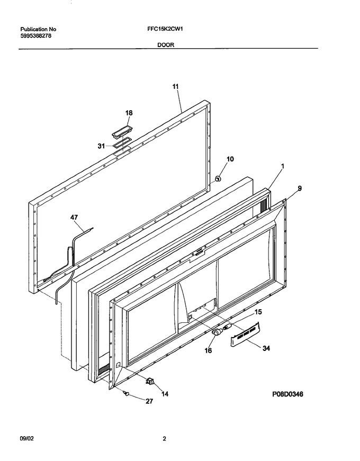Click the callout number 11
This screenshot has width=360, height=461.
(175, 86)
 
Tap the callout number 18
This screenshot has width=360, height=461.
(129, 113)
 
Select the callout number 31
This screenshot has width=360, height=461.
(101, 146)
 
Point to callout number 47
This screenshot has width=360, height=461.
(74, 218)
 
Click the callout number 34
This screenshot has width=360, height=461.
(266, 348)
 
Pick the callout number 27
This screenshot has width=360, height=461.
(149, 401)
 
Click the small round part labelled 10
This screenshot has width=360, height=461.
(218, 178)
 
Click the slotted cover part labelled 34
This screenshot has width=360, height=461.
(245, 334)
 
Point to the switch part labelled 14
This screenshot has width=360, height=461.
(150, 382)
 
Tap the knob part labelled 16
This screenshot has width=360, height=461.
(217, 332)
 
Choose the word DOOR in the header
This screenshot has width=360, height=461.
(166, 45)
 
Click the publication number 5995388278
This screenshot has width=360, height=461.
(33, 36)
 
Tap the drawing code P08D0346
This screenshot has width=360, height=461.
(287, 394)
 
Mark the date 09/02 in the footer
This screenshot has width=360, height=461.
(27, 439)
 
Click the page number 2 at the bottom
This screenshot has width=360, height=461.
(165, 439)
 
